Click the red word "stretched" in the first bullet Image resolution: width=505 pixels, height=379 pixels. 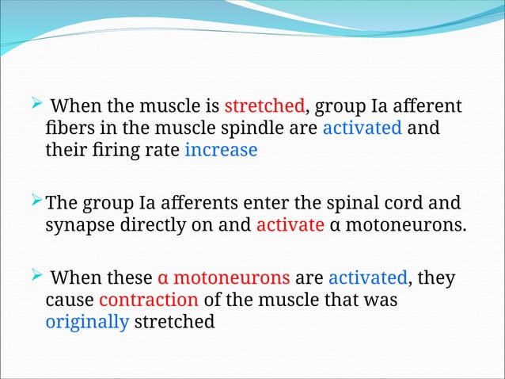click(264, 107)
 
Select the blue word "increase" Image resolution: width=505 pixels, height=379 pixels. click(221, 151)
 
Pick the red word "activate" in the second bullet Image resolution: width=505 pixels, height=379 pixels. click(290, 225)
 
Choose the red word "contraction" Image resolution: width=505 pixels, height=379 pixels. click(149, 301)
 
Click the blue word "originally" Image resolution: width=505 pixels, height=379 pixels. click(87, 323)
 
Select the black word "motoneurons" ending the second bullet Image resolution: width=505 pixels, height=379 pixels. click(408, 225)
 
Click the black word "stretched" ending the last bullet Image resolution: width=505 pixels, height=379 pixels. click(174, 323)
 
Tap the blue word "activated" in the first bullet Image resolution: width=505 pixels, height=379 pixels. click(362, 128)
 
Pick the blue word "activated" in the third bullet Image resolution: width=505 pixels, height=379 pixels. click(367, 279)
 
